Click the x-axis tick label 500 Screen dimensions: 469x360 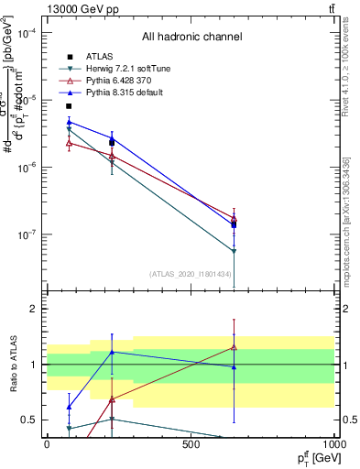coord(191,444)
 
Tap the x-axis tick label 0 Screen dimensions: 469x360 coord(47,444)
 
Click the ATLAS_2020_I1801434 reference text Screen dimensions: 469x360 coord(191,274)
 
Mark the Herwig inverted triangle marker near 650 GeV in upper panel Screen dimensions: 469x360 coord(234,251)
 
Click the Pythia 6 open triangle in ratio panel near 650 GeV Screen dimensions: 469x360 coord(234,347)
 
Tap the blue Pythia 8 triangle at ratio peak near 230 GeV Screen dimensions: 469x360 coord(112,352)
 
